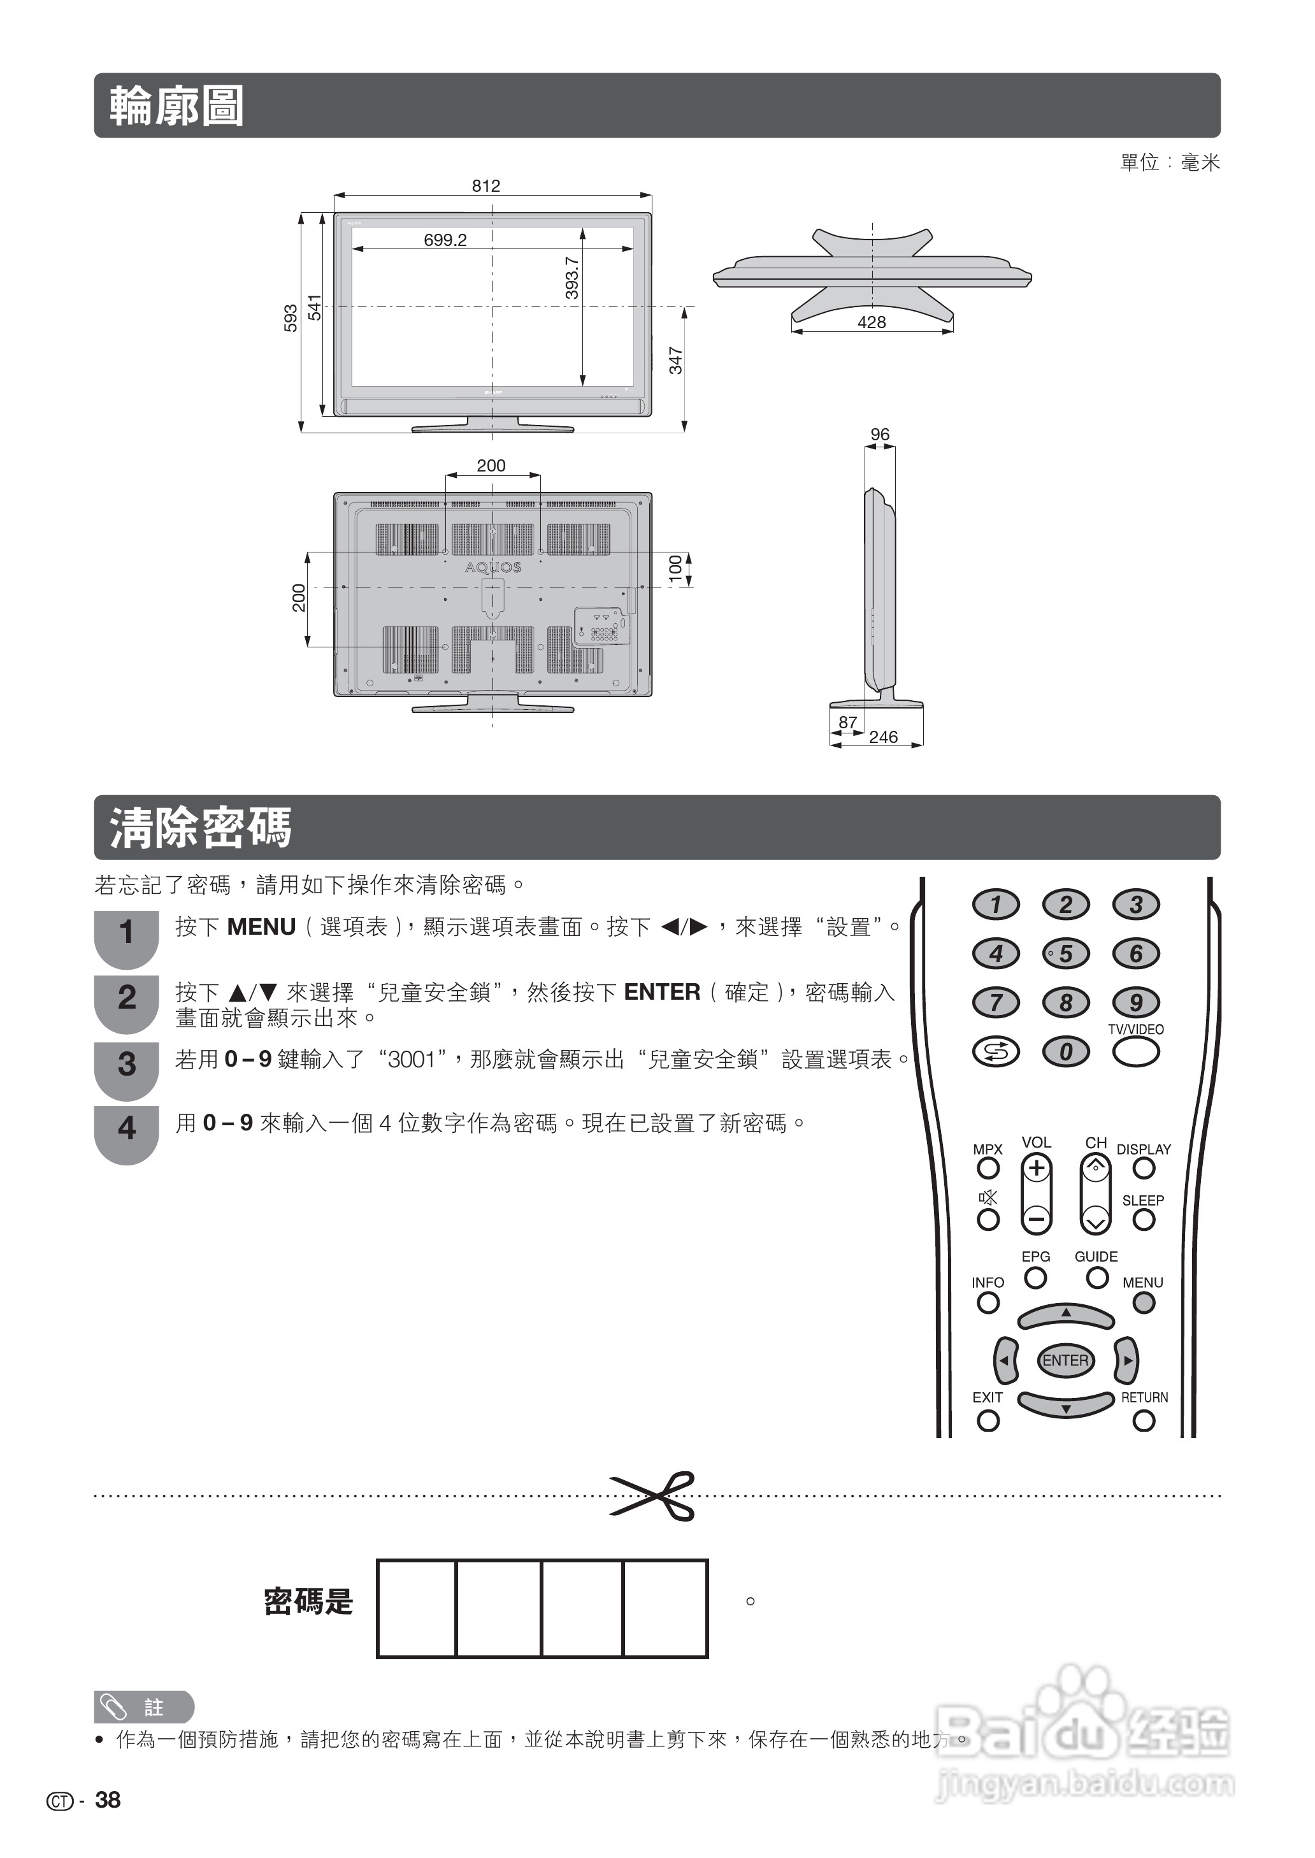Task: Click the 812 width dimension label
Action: (486, 185)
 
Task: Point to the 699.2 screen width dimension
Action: (445, 240)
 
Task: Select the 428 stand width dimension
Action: (872, 322)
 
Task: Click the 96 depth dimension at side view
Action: (879, 435)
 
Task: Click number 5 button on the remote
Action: (1066, 954)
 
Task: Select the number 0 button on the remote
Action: (1066, 1051)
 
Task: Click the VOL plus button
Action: (1037, 1168)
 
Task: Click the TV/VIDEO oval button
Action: (1135, 1051)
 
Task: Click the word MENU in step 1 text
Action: (262, 927)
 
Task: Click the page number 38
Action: (108, 1800)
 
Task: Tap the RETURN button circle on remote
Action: (1144, 1421)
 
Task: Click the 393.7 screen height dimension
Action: (571, 278)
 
